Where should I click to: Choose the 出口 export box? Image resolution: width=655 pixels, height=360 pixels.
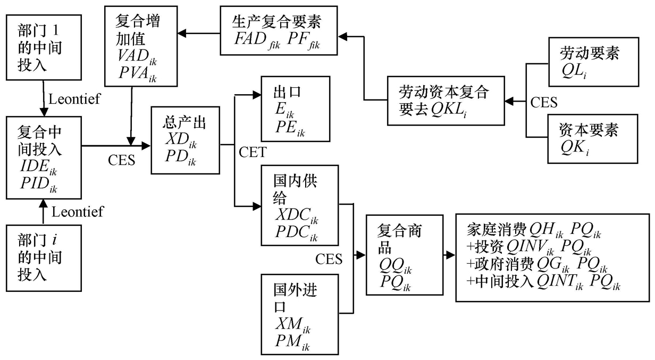click(x=295, y=109)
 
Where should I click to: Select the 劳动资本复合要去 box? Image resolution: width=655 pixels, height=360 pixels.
click(x=445, y=102)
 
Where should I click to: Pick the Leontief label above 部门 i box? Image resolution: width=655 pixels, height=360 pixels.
click(x=77, y=212)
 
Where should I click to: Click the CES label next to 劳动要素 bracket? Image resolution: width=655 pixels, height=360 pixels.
click(x=544, y=102)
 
